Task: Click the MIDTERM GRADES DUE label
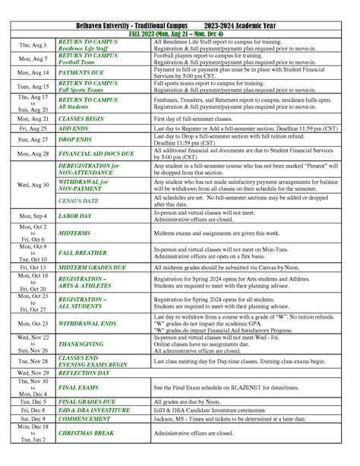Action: [92, 268]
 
